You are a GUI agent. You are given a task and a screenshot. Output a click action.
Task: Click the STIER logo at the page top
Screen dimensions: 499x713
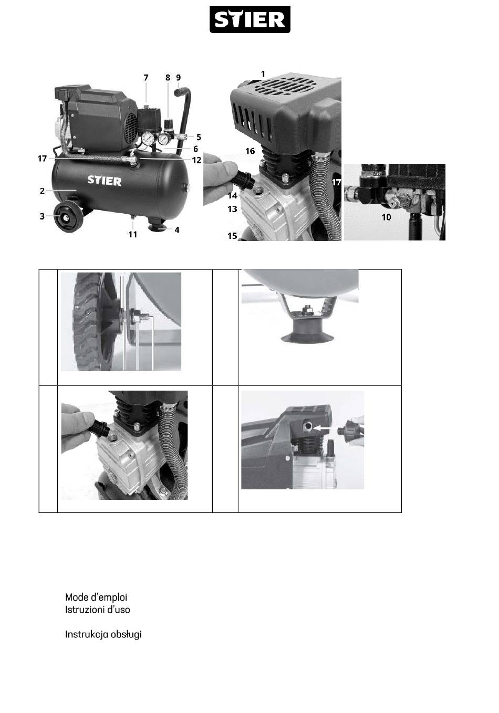(x=250, y=19)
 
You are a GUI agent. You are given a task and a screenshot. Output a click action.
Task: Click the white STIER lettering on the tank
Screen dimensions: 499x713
(x=105, y=181)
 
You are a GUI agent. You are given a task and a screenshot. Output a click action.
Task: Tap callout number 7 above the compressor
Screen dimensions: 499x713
(x=146, y=78)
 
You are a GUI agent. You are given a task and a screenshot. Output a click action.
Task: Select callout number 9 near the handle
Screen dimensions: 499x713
(x=179, y=78)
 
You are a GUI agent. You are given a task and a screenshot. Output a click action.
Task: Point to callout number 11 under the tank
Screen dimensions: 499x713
(x=133, y=234)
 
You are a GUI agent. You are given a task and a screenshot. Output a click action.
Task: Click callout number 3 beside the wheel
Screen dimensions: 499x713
(x=42, y=216)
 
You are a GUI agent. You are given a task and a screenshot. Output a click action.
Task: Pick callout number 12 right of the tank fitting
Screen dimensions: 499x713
(x=197, y=160)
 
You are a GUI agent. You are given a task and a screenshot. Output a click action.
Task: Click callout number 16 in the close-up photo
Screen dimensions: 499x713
(x=250, y=151)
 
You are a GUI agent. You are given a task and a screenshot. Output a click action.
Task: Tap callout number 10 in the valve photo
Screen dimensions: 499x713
(x=386, y=217)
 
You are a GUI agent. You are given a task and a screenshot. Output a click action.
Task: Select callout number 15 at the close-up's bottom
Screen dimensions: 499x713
(x=233, y=236)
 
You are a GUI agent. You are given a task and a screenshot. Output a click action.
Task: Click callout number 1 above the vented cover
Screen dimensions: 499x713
(x=263, y=74)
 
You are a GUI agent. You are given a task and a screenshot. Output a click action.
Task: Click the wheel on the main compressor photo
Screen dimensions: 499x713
(x=66, y=217)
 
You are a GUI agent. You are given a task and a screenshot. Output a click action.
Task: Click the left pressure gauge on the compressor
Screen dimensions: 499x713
(x=148, y=139)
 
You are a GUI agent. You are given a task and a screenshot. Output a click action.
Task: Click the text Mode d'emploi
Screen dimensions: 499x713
(x=96, y=597)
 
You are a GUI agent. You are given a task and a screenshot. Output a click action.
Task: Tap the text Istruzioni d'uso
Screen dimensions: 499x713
(x=98, y=610)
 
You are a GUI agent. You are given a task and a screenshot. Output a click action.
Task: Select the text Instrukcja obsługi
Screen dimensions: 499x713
(x=103, y=635)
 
